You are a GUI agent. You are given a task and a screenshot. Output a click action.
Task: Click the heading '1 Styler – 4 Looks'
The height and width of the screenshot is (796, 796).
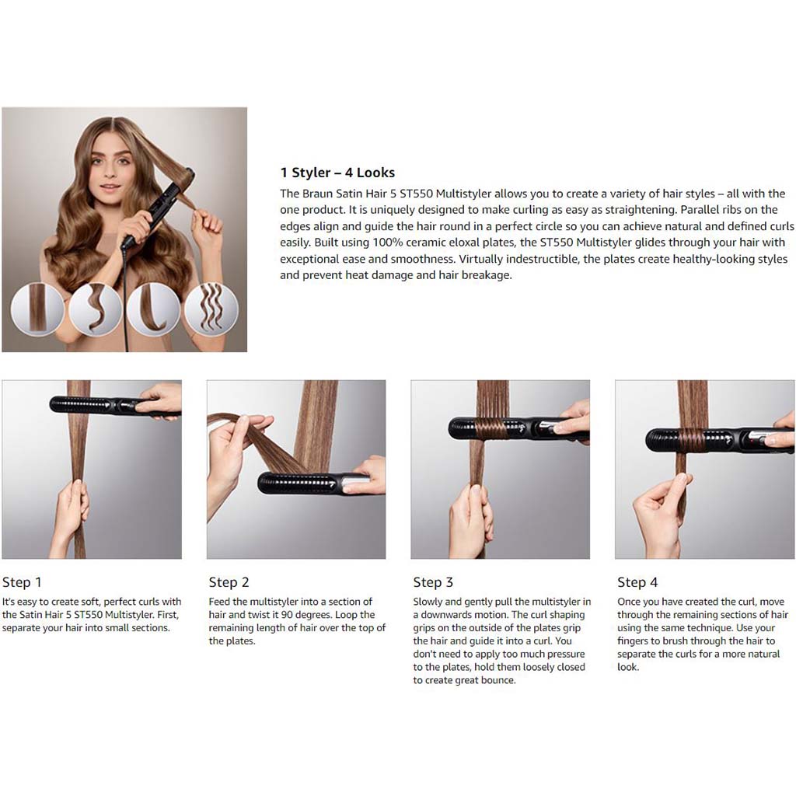click(x=337, y=173)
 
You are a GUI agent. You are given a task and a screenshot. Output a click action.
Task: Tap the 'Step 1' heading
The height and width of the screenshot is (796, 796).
click(x=22, y=582)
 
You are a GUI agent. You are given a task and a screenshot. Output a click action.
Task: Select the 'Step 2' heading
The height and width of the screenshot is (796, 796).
click(x=229, y=582)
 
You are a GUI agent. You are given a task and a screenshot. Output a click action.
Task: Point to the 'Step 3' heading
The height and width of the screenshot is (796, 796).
click(x=433, y=582)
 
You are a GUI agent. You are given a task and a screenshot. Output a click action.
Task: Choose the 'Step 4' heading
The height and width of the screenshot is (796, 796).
click(x=637, y=582)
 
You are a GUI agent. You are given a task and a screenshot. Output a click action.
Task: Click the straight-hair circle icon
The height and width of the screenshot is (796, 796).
click(x=37, y=309)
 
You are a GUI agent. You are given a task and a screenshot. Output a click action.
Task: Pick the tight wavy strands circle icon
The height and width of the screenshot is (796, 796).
click(x=211, y=309)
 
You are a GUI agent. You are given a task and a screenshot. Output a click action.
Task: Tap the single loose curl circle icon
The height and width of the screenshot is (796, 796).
click(x=96, y=309)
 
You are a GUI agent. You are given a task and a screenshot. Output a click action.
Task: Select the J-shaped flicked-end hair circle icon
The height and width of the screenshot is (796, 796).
click(x=153, y=309)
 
